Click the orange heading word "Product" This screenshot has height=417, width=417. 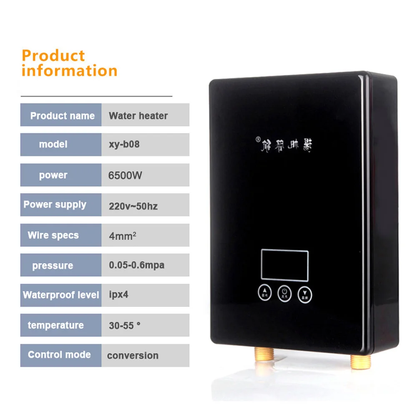pyautogui.click(x=53, y=55)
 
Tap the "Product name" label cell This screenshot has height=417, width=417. pyautogui.click(x=61, y=116)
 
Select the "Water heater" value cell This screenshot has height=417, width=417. pyautogui.click(x=138, y=116)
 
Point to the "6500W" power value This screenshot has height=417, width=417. pyautogui.click(x=125, y=175)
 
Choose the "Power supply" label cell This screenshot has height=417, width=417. pyautogui.click(x=55, y=205)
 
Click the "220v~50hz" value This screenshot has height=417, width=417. pyautogui.click(x=133, y=206)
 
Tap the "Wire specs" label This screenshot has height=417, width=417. pyautogui.click(x=53, y=235)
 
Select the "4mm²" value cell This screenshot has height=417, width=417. pyautogui.click(x=123, y=236)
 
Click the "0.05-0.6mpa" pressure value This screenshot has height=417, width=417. pyautogui.click(x=136, y=265)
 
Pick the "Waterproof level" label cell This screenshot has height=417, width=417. pyautogui.click(x=61, y=295)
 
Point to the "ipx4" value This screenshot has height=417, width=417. pyautogui.click(x=118, y=295)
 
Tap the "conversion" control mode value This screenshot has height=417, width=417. pyautogui.click(x=133, y=356)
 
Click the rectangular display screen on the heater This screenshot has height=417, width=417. pyautogui.click(x=285, y=264)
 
